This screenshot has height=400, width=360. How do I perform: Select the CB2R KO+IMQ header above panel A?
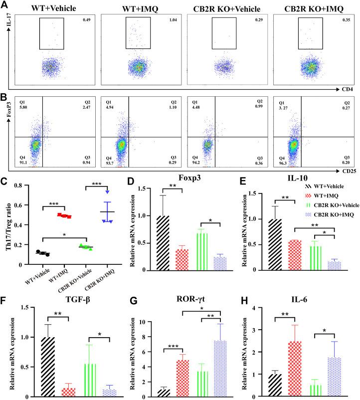(311, 6)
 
